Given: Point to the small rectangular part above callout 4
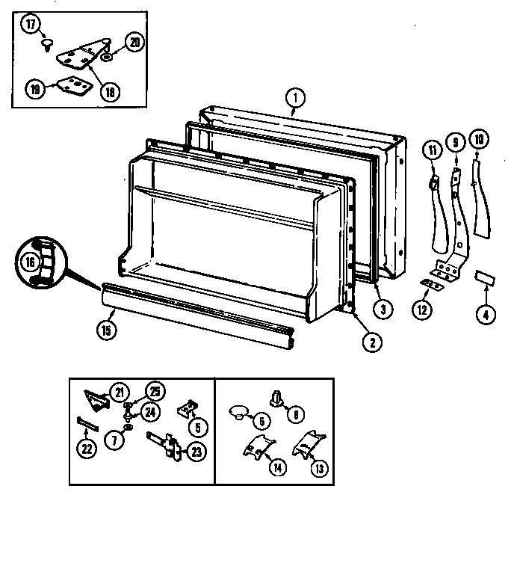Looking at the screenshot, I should click(x=485, y=279).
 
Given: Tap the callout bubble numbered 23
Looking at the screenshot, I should click(x=196, y=453).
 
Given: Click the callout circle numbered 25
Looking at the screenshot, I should click(x=155, y=391).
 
